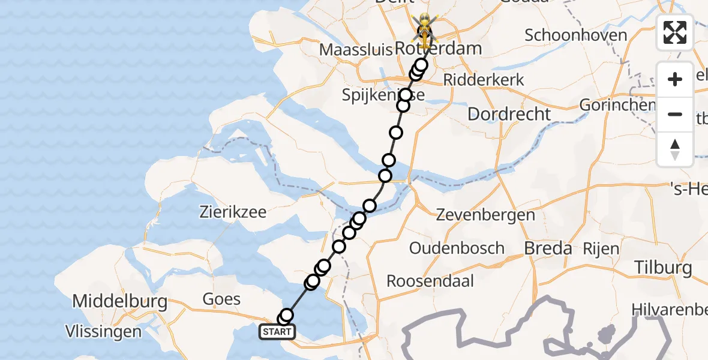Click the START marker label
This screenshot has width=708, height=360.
277,331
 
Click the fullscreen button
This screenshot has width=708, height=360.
675,32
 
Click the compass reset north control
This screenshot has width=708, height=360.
675,149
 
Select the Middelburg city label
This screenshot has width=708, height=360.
120,301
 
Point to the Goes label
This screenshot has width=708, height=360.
221,299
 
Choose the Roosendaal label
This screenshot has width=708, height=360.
430,280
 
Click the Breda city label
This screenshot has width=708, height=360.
548,248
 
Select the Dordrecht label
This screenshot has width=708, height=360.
509,114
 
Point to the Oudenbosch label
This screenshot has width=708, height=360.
457,248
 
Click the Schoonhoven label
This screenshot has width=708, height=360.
575,35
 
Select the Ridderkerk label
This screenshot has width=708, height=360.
484,79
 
